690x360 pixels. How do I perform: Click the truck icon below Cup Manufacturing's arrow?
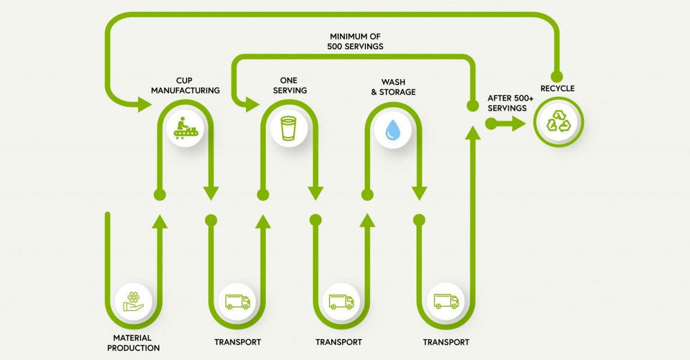pos(236,301)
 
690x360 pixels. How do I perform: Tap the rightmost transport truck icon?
pos(446,301)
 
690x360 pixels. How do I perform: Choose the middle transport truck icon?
pos(341,301)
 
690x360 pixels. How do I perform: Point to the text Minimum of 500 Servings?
pos(356,41)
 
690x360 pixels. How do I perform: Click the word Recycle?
pos(557,89)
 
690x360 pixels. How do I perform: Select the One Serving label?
pos(289,85)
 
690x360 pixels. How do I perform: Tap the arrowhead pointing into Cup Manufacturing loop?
pos(144,106)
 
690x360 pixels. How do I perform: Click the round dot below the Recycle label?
pos(557,76)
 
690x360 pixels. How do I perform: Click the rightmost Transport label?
pos(446,343)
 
